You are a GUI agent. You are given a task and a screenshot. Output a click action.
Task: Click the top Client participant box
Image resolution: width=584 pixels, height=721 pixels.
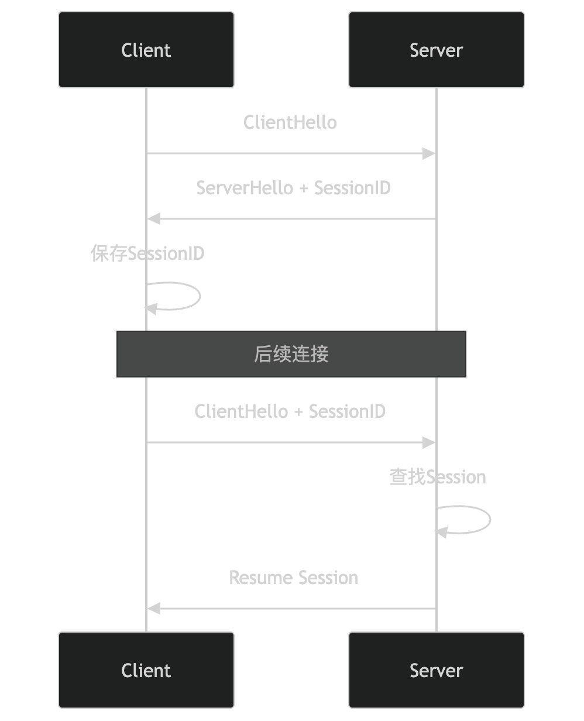(146, 50)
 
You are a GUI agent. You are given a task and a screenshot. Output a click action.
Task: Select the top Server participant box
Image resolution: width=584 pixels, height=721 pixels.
(436, 50)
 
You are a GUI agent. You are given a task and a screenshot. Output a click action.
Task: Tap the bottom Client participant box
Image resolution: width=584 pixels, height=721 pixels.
(146, 670)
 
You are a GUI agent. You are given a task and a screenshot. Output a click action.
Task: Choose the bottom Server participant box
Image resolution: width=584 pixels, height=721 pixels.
(436, 670)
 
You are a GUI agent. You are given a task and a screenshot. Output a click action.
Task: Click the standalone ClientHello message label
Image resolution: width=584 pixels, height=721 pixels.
(290, 123)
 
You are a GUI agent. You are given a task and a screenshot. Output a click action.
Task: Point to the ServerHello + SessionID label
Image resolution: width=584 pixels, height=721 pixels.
(293, 188)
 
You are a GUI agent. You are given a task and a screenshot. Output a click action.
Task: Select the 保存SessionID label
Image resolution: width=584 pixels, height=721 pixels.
(147, 253)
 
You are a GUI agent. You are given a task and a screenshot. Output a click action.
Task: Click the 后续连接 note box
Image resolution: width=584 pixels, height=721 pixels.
(291, 354)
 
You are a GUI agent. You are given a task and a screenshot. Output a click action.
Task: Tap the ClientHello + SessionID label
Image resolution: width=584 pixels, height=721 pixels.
(290, 411)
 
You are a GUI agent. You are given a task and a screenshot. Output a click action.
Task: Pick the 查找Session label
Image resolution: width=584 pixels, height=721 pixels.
(438, 477)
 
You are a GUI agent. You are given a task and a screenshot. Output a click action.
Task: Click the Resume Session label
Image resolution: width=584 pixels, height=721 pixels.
(293, 578)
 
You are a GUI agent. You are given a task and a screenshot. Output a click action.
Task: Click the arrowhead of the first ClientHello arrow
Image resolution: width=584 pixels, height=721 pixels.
(430, 153)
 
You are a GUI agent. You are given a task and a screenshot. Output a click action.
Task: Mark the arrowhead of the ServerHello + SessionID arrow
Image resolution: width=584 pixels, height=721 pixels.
(153, 219)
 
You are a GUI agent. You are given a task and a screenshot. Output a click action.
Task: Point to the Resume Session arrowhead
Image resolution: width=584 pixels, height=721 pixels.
(153, 609)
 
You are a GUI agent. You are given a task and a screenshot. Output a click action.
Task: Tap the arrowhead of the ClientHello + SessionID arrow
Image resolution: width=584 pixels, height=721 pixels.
(430, 442)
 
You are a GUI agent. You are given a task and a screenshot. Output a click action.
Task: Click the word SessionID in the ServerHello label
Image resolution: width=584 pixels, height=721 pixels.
(352, 188)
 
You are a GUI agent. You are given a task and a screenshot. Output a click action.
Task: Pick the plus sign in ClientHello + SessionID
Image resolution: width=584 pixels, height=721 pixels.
(298, 412)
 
